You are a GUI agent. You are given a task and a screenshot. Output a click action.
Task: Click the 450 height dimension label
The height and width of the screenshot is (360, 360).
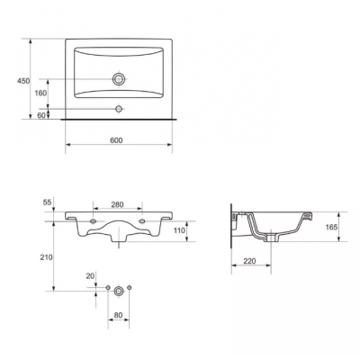coord(23,81)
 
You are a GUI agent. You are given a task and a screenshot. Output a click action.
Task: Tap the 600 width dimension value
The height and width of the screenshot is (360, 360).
coord(116,140)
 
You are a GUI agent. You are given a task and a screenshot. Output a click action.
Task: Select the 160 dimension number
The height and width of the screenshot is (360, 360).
coord(40,94)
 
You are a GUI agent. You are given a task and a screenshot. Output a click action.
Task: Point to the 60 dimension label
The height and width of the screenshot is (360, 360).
coord(42,115)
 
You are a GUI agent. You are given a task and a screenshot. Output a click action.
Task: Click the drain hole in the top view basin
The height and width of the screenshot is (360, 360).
coord(119,79)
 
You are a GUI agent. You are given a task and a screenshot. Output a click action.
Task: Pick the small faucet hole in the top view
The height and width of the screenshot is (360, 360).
coord(119,109)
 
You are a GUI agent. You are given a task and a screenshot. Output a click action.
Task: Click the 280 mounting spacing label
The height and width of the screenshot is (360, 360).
coord(117,204)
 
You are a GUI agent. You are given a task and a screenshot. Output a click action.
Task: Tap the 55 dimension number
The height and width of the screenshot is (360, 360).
coord(48,202)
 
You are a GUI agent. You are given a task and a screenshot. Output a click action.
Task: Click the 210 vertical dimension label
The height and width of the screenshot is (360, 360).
coord(47,257)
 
